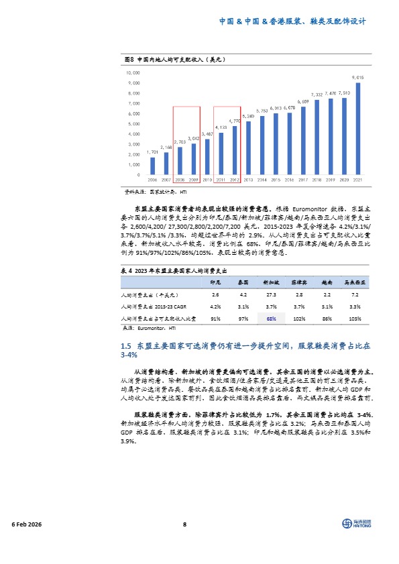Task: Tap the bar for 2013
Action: (249, 148)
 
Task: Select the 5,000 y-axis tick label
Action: (134, 123)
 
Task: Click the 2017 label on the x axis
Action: (304, 180)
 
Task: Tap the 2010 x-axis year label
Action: (207, 180)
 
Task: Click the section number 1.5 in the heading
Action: (125, 345)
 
